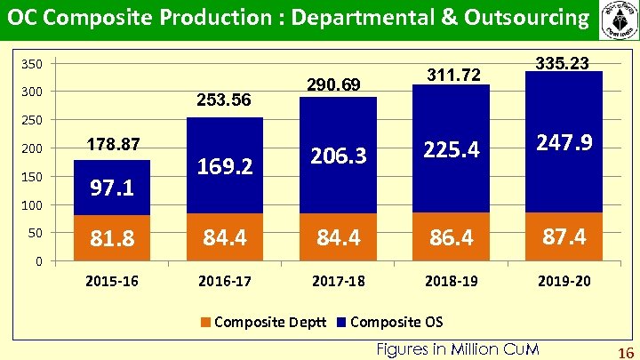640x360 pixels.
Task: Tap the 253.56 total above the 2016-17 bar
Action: (x=224, y=100)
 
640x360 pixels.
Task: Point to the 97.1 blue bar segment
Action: (x=112, y=188)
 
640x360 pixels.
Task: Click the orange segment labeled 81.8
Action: (x=112, y=238)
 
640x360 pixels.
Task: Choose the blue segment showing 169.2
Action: (x=224, y=165)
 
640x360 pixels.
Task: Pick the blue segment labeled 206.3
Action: (x=338, y=156)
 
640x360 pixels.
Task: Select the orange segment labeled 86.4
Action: (x=451, y=237)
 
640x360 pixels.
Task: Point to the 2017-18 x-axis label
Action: (x=338, y=282)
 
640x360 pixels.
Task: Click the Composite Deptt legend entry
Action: (x=263, y=321)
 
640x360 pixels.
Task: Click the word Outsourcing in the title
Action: (x=510, y=18)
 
